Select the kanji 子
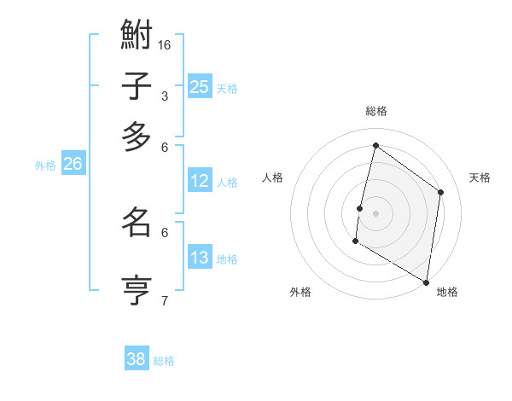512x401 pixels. coord(137,86)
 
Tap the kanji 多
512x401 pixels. coord(137,137)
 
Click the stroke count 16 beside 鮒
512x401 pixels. coord(166,44)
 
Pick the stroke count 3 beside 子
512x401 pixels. coord(164,96)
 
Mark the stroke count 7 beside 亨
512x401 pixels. coord(164,299)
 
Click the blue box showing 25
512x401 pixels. coord(200,86)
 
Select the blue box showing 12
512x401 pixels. coord(200,181)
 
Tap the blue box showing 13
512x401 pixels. coord(200,258)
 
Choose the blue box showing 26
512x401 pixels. coord(73,165)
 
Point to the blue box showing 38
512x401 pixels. coord(137,359)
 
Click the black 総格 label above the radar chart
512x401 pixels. coord(376,111)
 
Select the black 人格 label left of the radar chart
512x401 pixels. coord(273,177)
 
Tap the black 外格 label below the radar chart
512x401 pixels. coord(300,292)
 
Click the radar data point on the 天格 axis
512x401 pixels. coord(441,192)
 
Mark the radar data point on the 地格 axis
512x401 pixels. coord(427,282)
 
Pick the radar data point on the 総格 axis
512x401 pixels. coord(375,146)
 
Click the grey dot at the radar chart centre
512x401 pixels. coord(375,212)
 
